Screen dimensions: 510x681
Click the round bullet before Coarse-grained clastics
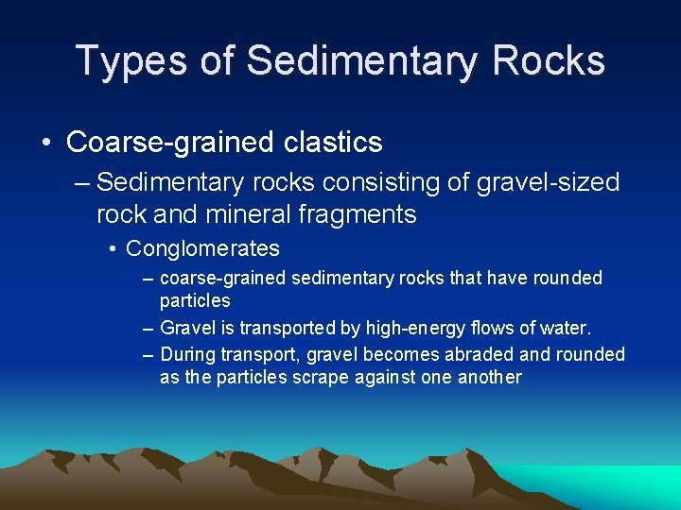click(x=46, y=144)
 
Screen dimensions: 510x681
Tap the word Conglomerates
click(x=202, y=249)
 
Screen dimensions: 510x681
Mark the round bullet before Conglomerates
click(x=113, y=249)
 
